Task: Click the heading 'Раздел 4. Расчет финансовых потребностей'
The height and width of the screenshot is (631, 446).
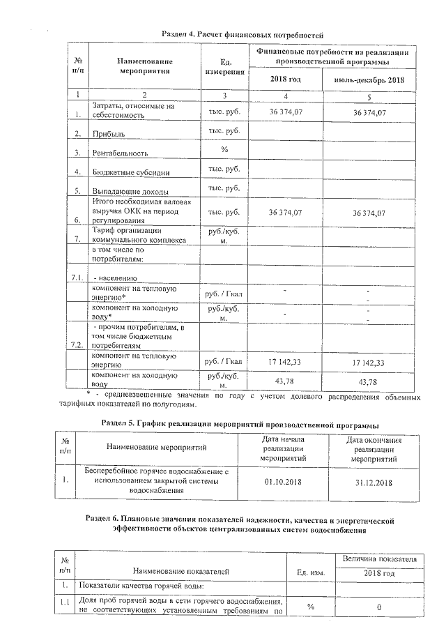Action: tap(243, 34)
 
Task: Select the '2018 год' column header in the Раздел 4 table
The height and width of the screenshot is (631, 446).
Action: tap(285, 79)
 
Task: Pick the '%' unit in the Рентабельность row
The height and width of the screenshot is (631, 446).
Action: tap(224, 150)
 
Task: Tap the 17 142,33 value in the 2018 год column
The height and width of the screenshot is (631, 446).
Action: tap(285, 363)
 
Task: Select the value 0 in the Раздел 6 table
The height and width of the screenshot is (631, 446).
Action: tap(379, 607)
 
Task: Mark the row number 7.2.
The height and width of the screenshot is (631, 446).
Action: tap(77, 345)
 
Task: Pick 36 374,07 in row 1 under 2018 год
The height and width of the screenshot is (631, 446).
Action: tap(285, 112)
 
